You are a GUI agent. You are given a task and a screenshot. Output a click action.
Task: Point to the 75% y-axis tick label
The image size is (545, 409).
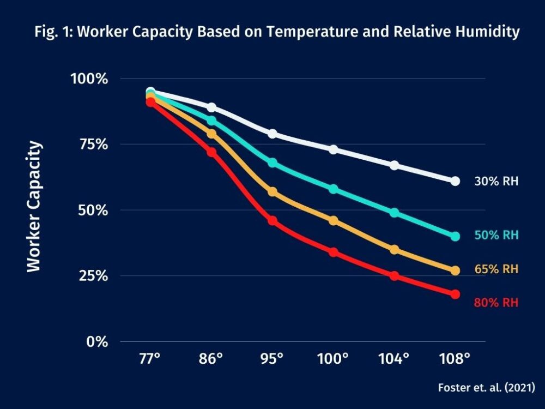[94, 145]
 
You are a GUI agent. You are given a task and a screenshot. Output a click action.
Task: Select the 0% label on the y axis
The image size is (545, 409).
[97, 342]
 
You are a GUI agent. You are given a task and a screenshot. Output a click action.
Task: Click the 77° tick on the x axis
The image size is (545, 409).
[150, 359]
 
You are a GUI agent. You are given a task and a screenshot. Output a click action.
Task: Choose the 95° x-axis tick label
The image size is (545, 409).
[272, 359]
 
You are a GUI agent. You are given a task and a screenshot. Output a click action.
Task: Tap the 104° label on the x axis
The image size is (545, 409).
[394, 359]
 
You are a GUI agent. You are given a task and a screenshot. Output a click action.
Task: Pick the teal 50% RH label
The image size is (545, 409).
[496, 236]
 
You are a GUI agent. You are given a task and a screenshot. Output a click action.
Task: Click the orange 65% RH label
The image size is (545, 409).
[496, 269]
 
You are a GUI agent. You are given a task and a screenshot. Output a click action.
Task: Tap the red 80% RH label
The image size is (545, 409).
[496, 303]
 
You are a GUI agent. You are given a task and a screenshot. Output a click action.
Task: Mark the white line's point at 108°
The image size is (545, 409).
[455, 181]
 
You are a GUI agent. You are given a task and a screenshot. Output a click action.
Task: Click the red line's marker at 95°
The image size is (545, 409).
[272, 221]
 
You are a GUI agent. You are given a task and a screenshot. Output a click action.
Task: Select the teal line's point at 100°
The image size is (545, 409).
[333, 189]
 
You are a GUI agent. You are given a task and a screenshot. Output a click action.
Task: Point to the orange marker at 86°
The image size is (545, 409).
[211, 134]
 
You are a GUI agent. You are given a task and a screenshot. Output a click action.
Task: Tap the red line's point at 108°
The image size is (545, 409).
[455, 294]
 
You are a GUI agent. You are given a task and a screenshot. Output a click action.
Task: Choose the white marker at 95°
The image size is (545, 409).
[272, 134]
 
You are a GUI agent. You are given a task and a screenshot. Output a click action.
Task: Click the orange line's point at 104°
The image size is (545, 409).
[394, 250]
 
